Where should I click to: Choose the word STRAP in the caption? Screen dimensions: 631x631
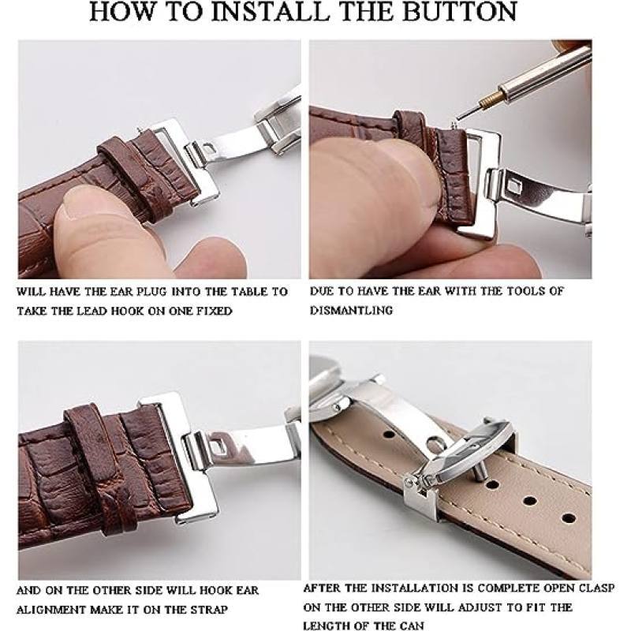207,610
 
